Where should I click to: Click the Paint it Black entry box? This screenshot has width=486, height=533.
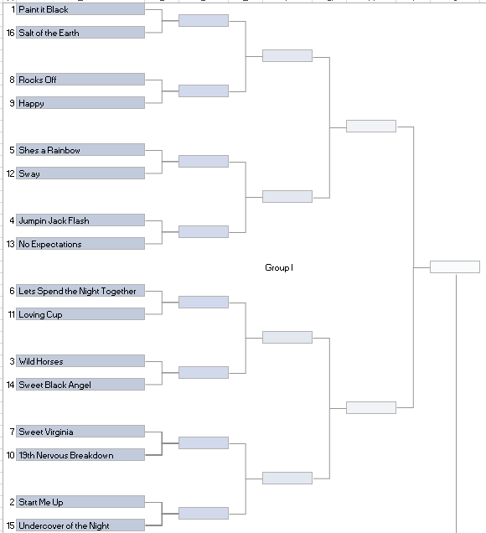tap(80, 9)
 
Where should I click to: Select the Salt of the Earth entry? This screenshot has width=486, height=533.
tap(80, 33)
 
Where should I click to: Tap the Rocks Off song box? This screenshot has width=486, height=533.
tap(80, 80)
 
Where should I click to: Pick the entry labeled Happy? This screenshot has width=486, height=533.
tap(80, 102)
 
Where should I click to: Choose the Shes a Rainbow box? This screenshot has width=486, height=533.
tap(80, 149)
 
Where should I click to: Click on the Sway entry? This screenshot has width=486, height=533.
tap(80, 173)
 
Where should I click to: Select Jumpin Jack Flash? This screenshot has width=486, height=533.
tap(80, 220)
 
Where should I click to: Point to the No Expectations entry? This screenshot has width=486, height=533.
tap(80, 243)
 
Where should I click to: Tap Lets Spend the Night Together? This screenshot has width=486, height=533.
tap(80, 290)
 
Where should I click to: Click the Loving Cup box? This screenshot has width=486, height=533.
tap(80, 313)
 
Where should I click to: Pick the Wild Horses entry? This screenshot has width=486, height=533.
tap(80, 360)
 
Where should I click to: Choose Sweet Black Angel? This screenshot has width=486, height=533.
tap(80, 384)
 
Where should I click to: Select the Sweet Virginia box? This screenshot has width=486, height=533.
tap(80, 431)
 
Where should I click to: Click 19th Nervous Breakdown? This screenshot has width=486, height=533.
tap(80, 454)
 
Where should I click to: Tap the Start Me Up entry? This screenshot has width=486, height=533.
tap(80, 501)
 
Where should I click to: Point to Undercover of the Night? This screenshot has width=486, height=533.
tap(80, 525)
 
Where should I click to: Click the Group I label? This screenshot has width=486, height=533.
tap(279, 267)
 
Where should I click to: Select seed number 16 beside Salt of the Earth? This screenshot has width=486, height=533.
tap(11, 33)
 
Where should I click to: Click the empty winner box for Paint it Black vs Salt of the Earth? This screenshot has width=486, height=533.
tap(204, 20)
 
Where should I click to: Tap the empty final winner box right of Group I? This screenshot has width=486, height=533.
tap(455, 266)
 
